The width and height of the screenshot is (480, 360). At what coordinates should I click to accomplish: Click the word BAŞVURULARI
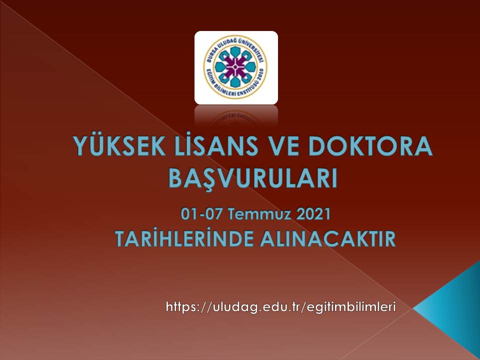(253, 178)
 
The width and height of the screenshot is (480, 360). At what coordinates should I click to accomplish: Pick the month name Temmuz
(259, 213)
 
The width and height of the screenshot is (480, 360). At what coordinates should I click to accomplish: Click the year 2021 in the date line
(313, 213)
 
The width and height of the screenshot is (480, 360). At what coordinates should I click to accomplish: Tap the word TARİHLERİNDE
(184, 239)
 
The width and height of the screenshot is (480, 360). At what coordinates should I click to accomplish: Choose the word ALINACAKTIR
(328, 239)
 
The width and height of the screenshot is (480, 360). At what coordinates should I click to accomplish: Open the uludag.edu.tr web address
(280, 306)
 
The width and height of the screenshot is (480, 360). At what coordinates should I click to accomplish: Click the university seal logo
(236, 67)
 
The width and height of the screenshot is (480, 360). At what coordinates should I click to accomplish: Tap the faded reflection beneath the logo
(236, 115)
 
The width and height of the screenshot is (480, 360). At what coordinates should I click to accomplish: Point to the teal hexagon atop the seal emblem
(235, 51)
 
